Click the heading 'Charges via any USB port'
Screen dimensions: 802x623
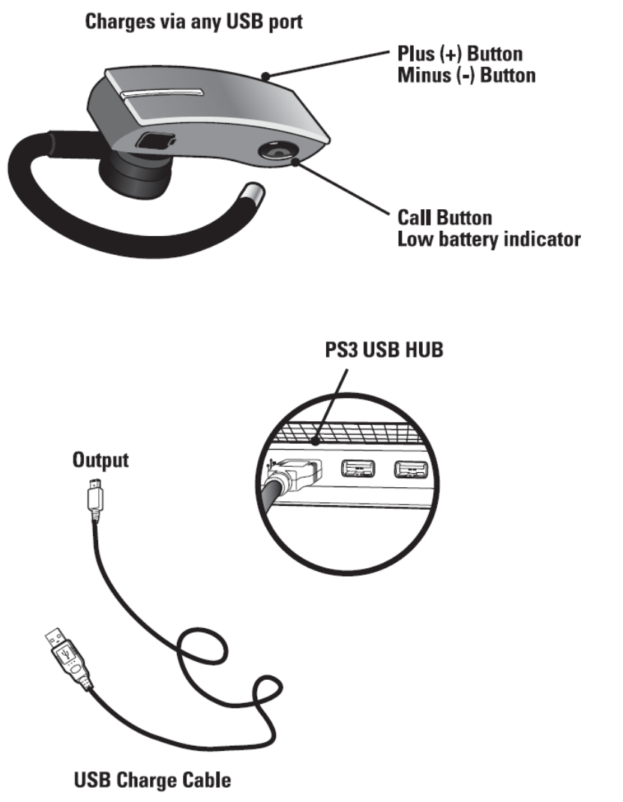tap(193, 22)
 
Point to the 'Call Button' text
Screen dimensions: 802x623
tap(445, 218)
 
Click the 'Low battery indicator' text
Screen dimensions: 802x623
tap(489, 240)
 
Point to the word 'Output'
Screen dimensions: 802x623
tap(100, 460)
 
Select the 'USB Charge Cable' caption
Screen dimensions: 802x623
tap(152, 780)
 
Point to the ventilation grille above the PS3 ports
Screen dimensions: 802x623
tap(352, 432)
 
